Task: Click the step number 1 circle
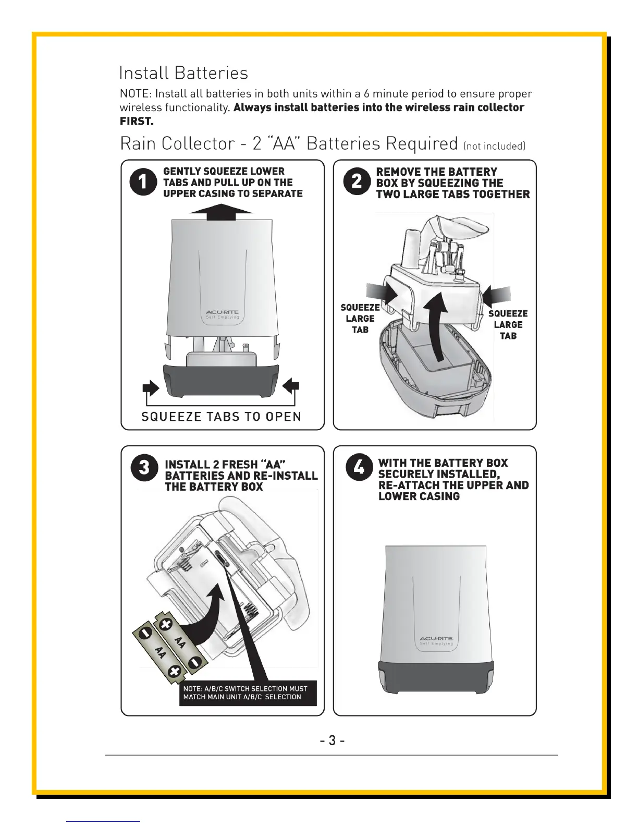143,182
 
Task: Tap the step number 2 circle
357,181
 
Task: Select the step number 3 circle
144,468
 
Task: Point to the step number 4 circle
359,467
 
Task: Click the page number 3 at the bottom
332,740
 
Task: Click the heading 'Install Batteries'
183,72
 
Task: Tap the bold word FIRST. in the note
137,122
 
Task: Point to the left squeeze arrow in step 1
151,387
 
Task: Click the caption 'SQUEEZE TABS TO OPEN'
222,417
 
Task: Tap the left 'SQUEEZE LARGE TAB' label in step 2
360,319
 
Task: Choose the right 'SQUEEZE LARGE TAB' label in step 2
508,324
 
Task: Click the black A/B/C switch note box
248,693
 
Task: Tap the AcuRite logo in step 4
436,638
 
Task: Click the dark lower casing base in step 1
221,380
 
